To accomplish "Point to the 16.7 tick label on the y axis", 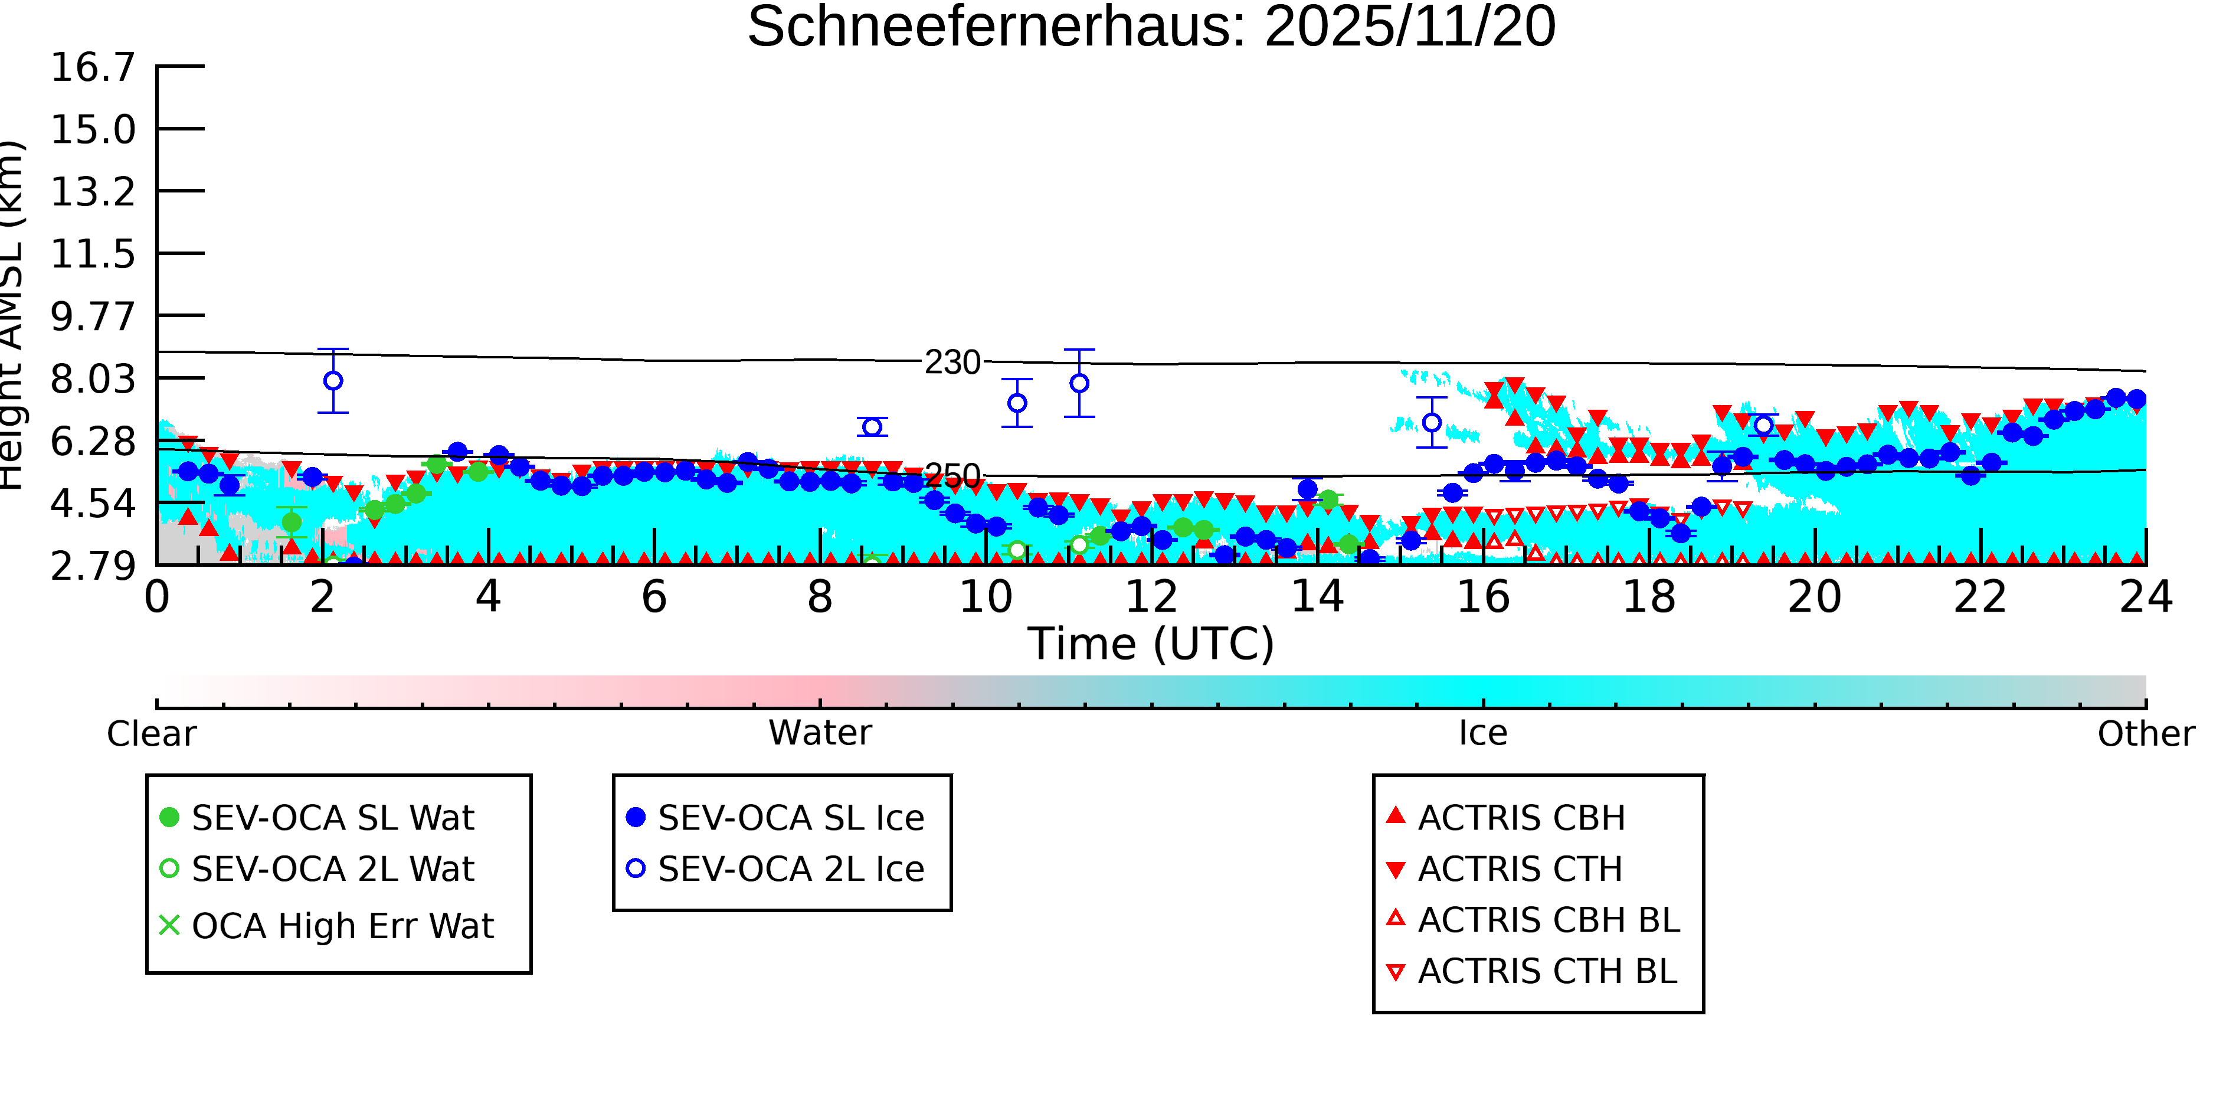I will click(x=93, y=67).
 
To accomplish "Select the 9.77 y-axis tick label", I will click(x=93, y=316).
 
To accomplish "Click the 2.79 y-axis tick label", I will click(x=93, y=566).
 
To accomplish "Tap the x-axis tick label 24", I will click(x=2145, y=597).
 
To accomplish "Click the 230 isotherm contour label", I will click(x=952, y=363).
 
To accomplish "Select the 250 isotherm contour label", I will click(x=952, y=475).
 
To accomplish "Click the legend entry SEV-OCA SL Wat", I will click(x=332, y=817).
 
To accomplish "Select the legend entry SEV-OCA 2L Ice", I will click(x=790, y=869).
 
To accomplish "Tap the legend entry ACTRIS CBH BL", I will click(x=1548, y=920).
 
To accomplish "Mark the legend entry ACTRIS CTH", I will click(x=1520, y=869).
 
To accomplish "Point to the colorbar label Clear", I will click(x=151, y=734).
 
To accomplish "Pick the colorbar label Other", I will click(x=2145, y=734).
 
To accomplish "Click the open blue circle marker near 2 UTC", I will click(x=333, y=381).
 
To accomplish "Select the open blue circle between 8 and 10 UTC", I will click(x=872, y=427).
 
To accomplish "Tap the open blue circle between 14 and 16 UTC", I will click(x=1431, y=423).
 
